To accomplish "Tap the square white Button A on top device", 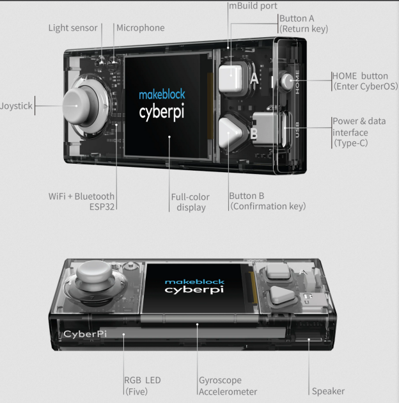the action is click(231, 77).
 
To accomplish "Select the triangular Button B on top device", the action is click(230, 132).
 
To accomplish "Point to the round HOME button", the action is click(287, 81).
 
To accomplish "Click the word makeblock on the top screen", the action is click(162, 94).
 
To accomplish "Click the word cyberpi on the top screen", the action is click(162, 113).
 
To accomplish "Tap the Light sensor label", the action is click(73, 28).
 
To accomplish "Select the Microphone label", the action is click(141, 28).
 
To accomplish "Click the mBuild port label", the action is click(253, 6).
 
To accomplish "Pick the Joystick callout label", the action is click(16, 106).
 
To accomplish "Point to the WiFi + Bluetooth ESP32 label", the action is click(81, 201).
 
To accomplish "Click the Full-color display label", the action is click(191, 202).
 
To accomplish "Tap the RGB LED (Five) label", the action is click(143, 386).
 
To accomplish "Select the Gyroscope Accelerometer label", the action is click(228, 386).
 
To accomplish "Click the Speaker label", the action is click(328, 391).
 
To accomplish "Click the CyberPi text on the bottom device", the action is click(85, 334).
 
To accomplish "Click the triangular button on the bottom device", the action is click(282, 295).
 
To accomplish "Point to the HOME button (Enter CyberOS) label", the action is click(365, 81).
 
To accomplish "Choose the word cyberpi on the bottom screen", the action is click(194, 290).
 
